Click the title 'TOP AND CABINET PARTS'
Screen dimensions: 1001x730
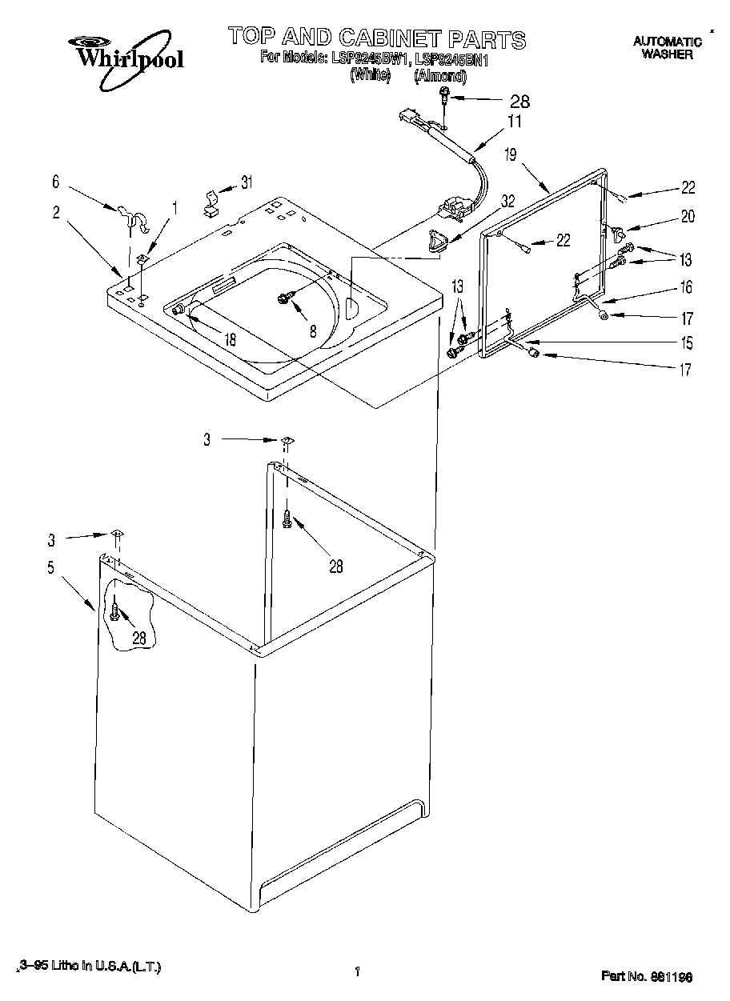377,38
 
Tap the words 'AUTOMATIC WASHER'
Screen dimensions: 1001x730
666,47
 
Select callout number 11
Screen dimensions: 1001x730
514,122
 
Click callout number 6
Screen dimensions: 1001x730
55,182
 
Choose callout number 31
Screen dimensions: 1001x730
247,182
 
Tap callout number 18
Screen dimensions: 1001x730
231,338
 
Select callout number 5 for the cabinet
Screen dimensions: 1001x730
50,568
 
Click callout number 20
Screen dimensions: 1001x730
687,215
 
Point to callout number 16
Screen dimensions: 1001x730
686,286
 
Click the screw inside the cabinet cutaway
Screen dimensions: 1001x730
116,612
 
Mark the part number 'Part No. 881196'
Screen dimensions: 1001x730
646,976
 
